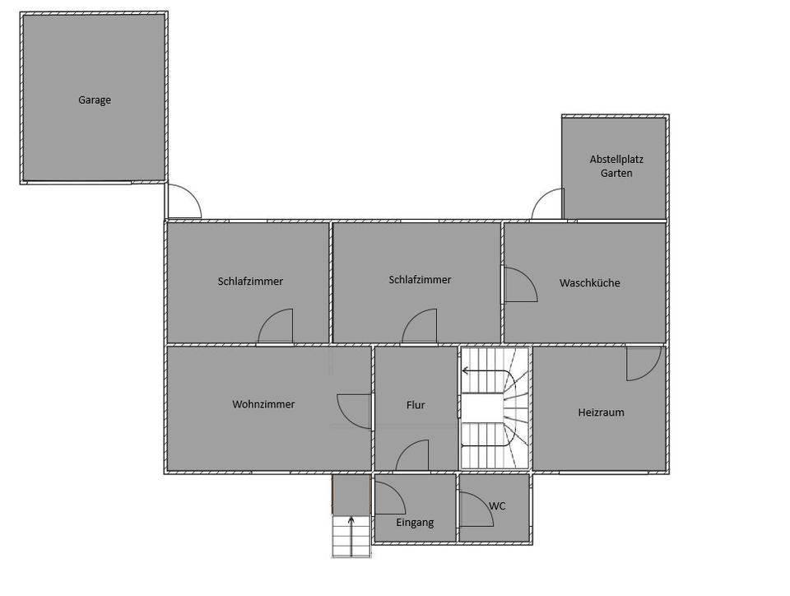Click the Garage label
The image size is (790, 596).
coord(94,100)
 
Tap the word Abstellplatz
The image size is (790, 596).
coord(616,159)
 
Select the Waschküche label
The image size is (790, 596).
coord(589,282)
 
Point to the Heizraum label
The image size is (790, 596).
coord(601,412)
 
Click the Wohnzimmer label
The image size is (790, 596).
coord(263,404)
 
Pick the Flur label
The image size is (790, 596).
coord(416,404)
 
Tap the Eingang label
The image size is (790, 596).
coord(415,523)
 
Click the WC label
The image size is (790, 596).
coord(497,505)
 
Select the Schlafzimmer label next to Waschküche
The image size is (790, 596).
coord(420,280)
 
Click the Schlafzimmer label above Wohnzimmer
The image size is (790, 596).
coord(250,281)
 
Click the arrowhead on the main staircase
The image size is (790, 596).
coord(465,370)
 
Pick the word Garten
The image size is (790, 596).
coord(616,173)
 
